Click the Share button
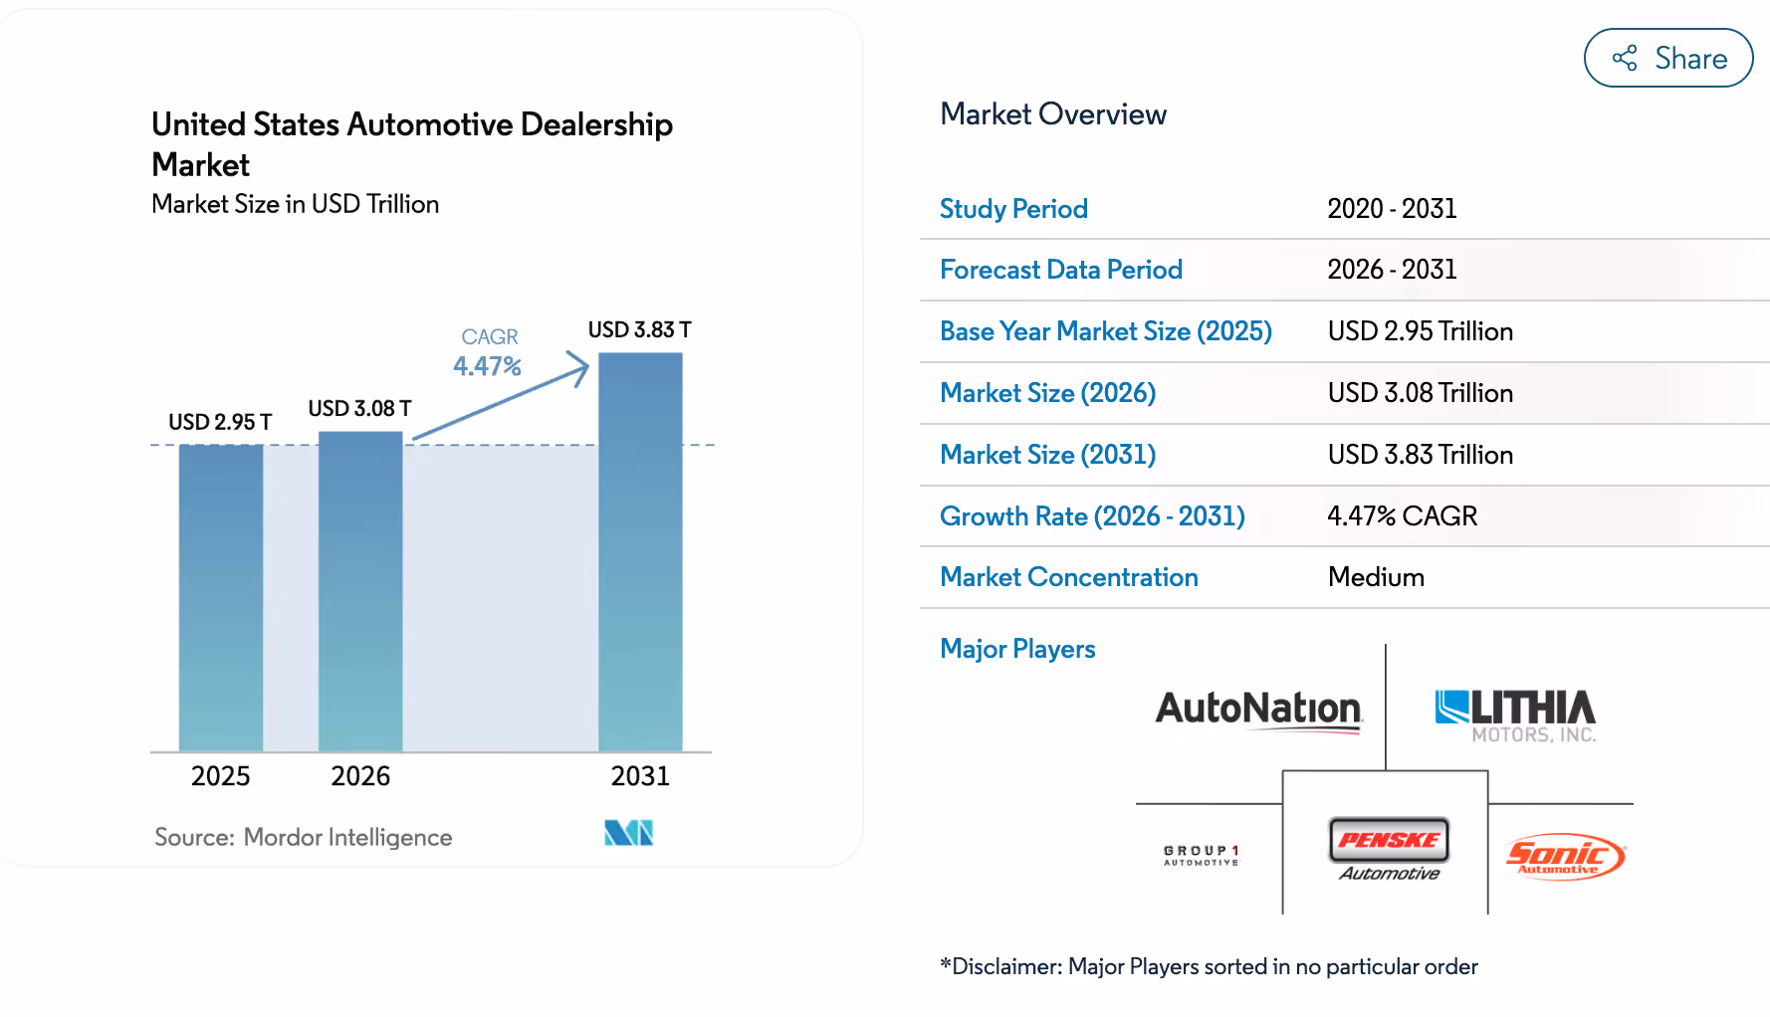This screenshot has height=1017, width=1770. coord(1667,58)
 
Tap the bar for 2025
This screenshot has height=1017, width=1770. coord(221,597)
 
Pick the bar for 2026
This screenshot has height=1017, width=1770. coord(360,592)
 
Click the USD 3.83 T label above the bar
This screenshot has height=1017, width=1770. coord(639,329)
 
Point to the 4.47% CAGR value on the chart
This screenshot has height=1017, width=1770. coord(487,366)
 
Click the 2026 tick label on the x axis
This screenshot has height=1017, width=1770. coord(360,776)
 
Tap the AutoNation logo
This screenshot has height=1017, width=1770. coord(1258,711)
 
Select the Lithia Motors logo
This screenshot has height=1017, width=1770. coord(1515,714)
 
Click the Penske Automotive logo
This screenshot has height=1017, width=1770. coord(1389,849)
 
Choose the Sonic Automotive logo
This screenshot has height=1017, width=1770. coord(1565,856)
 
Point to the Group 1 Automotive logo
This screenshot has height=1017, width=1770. coord(1202,855)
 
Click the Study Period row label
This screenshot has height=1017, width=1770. coord(1013,209)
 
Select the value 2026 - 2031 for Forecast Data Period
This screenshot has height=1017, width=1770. coord(1392,270)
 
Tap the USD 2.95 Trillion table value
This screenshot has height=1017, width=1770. coord(1420,331)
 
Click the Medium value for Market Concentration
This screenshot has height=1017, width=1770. coord(1376,577)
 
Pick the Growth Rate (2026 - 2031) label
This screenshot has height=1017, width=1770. coord(1092,516)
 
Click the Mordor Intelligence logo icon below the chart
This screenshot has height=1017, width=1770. coord(628,833)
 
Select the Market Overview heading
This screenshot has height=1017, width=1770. coord(1052,114)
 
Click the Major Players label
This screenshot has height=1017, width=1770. coord(1017,649)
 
